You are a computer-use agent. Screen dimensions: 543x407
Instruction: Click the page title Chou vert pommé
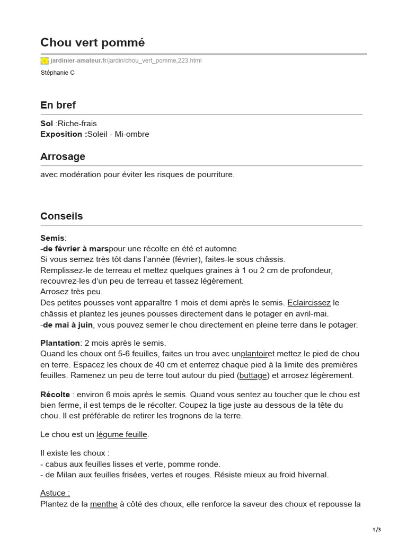[92, 42]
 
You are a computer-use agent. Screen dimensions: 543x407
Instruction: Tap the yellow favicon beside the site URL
[45, 61]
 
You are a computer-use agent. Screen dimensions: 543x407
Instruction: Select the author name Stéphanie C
[57, 73]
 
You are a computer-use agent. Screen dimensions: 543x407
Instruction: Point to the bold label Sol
[47, 124]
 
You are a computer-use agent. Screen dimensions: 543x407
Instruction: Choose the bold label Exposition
[63, 134]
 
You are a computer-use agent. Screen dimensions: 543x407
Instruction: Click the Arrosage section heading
[63, 157]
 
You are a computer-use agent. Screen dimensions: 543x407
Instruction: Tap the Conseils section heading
[61, 216]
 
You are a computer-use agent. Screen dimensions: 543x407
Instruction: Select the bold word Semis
[52, 238]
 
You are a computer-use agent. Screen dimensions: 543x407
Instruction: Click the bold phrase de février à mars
[76, 249]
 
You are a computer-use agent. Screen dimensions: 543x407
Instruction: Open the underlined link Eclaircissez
[309, 303]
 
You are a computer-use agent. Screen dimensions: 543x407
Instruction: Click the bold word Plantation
[60, 343]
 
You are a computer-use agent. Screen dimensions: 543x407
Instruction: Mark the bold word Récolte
[55, 395]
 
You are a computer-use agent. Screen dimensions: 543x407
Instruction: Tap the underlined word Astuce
[55, 493]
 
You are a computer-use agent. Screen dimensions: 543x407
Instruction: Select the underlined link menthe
[104, 504]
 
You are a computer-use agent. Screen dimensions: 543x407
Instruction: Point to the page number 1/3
[377, 530]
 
